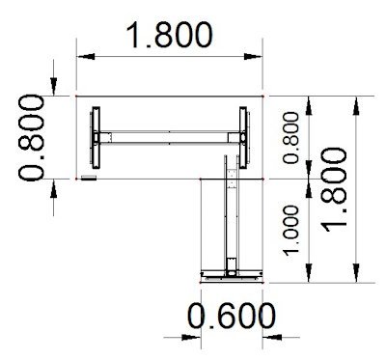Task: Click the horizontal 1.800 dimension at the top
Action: click(x=170, y=36)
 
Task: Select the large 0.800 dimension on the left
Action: click(x=32, y=137)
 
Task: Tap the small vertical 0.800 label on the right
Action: click(x=290, y=137)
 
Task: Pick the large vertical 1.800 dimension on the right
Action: click(x=334, y=189)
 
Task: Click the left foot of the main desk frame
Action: click(x=96, y=137)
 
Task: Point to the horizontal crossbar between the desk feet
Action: click(x=169, y=137)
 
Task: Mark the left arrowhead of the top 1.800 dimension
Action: click(x=83, y=57)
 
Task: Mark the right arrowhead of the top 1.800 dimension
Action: click(x=258, y=57)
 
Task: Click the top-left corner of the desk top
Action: click(x=76, y=96)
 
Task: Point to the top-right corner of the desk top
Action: click(x=264, y=96)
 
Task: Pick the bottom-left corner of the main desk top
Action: click(x=76, y=178)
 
